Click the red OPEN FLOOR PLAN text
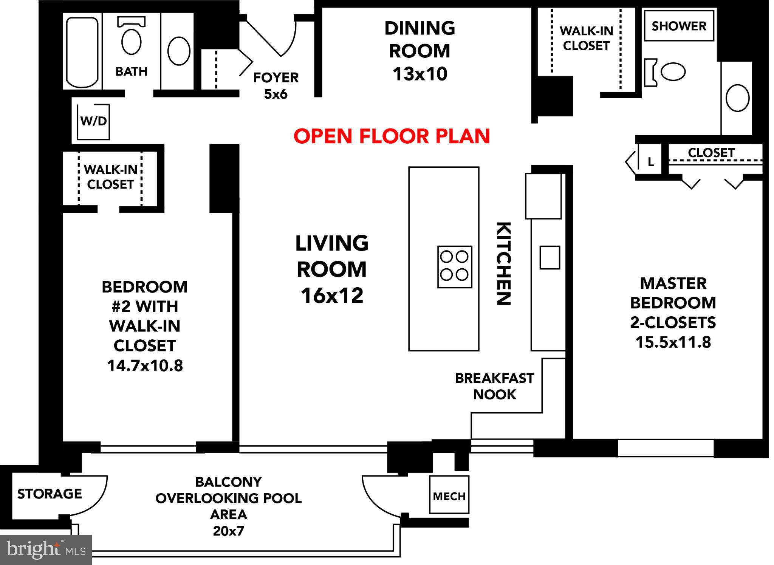(392, 136)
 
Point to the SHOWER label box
(679, 26)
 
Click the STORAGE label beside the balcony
(50, 494)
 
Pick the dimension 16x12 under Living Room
(332, 296)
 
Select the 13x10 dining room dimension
(420, 74)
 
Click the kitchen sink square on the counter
(550, 257)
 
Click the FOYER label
(276, 77)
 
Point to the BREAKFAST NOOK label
(494, 386)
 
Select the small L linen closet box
(650, 161)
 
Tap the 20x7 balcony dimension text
(228, 531)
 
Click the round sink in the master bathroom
(737, 98)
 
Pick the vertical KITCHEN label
(504, 263)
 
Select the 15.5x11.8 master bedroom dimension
(673, 342)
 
